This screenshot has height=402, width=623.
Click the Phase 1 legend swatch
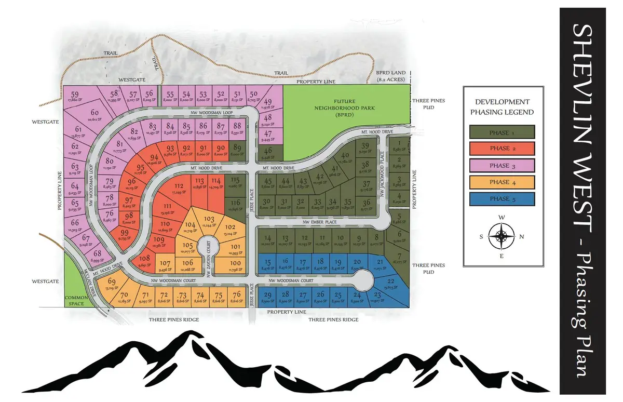pyautogui.click(x=502, y=132)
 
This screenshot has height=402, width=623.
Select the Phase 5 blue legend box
pyautogui.click(x=502, y=199)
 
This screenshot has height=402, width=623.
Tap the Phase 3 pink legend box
pyautogui.click(x=502, y=166)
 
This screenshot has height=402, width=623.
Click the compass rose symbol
pyautogui.click(x=502, y=236)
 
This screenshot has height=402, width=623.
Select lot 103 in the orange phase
pyautogui.click(x=209, y=220)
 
